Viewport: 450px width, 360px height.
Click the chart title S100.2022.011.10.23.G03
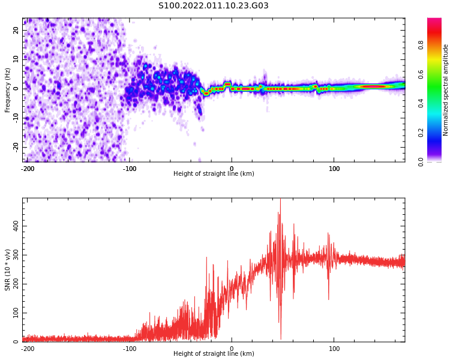click(213, 5)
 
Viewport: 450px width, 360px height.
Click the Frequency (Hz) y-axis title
click(7, 90)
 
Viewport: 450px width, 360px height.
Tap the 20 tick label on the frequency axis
click(16, 30)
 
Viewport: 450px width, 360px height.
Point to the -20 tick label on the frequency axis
click(16, 147)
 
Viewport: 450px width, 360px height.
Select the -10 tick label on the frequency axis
click(16, 118)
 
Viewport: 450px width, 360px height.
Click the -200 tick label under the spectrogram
click(28, 169)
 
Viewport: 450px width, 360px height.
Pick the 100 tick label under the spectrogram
click(334, 169)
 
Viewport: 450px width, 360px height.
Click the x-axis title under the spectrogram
click(214, 173)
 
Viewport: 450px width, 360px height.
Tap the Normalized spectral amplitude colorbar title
click(445, 90)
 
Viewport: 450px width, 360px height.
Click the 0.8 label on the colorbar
click(421, 45)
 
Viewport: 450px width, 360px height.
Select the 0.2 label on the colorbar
click(421, 133)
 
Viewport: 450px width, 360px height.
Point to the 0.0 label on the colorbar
click(421, 162)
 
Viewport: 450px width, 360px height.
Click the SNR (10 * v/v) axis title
click(7, 270)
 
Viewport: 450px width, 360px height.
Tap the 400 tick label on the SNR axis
click(16, 226)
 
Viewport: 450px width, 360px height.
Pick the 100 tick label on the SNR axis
click(16, 313)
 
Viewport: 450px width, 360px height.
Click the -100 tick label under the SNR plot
click(130, 349)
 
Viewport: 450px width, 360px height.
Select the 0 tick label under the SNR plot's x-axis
click(232, 349)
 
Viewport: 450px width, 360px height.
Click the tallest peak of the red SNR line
click(280, 199)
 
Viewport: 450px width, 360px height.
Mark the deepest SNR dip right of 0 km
click(281, 339)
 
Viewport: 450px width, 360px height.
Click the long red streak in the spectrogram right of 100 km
click(372, 86)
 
